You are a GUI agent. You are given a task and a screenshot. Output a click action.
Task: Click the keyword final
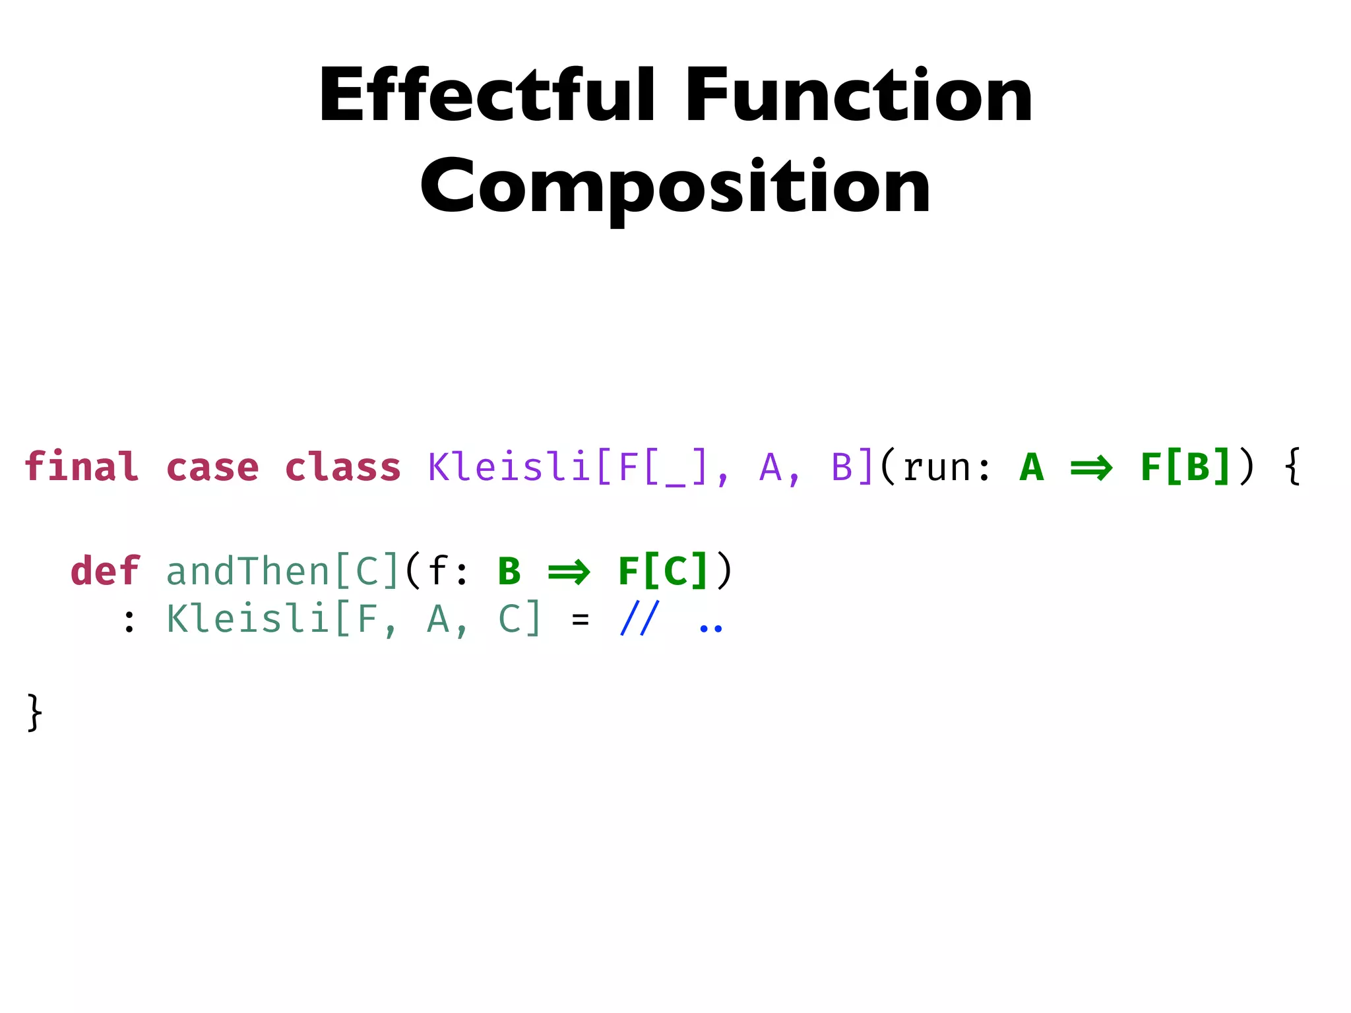click(x=82, y=467)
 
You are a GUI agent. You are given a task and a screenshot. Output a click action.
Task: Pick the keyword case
click(x=212, y=467)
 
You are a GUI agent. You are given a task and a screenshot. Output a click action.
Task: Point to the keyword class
click(x=342, y=467)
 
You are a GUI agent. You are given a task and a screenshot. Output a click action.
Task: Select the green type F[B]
click(x=1185, y=467)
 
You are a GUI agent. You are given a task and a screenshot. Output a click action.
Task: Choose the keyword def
click(x=106, y=570)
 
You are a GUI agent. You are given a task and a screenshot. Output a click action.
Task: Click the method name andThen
click(x=247, y=570)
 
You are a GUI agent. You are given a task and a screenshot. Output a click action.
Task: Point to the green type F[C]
click(x=663, y=570)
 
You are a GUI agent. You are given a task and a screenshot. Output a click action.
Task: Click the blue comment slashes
click(x=639, y=619)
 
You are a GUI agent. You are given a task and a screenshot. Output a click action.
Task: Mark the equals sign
click(x=581, y=620)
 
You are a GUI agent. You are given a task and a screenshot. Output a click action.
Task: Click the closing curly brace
click(x=34, y=712)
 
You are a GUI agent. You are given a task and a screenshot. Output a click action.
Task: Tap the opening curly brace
click(x=1293, y=467)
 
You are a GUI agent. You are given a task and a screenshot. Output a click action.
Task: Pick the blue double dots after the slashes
click(x=710, y=627)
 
